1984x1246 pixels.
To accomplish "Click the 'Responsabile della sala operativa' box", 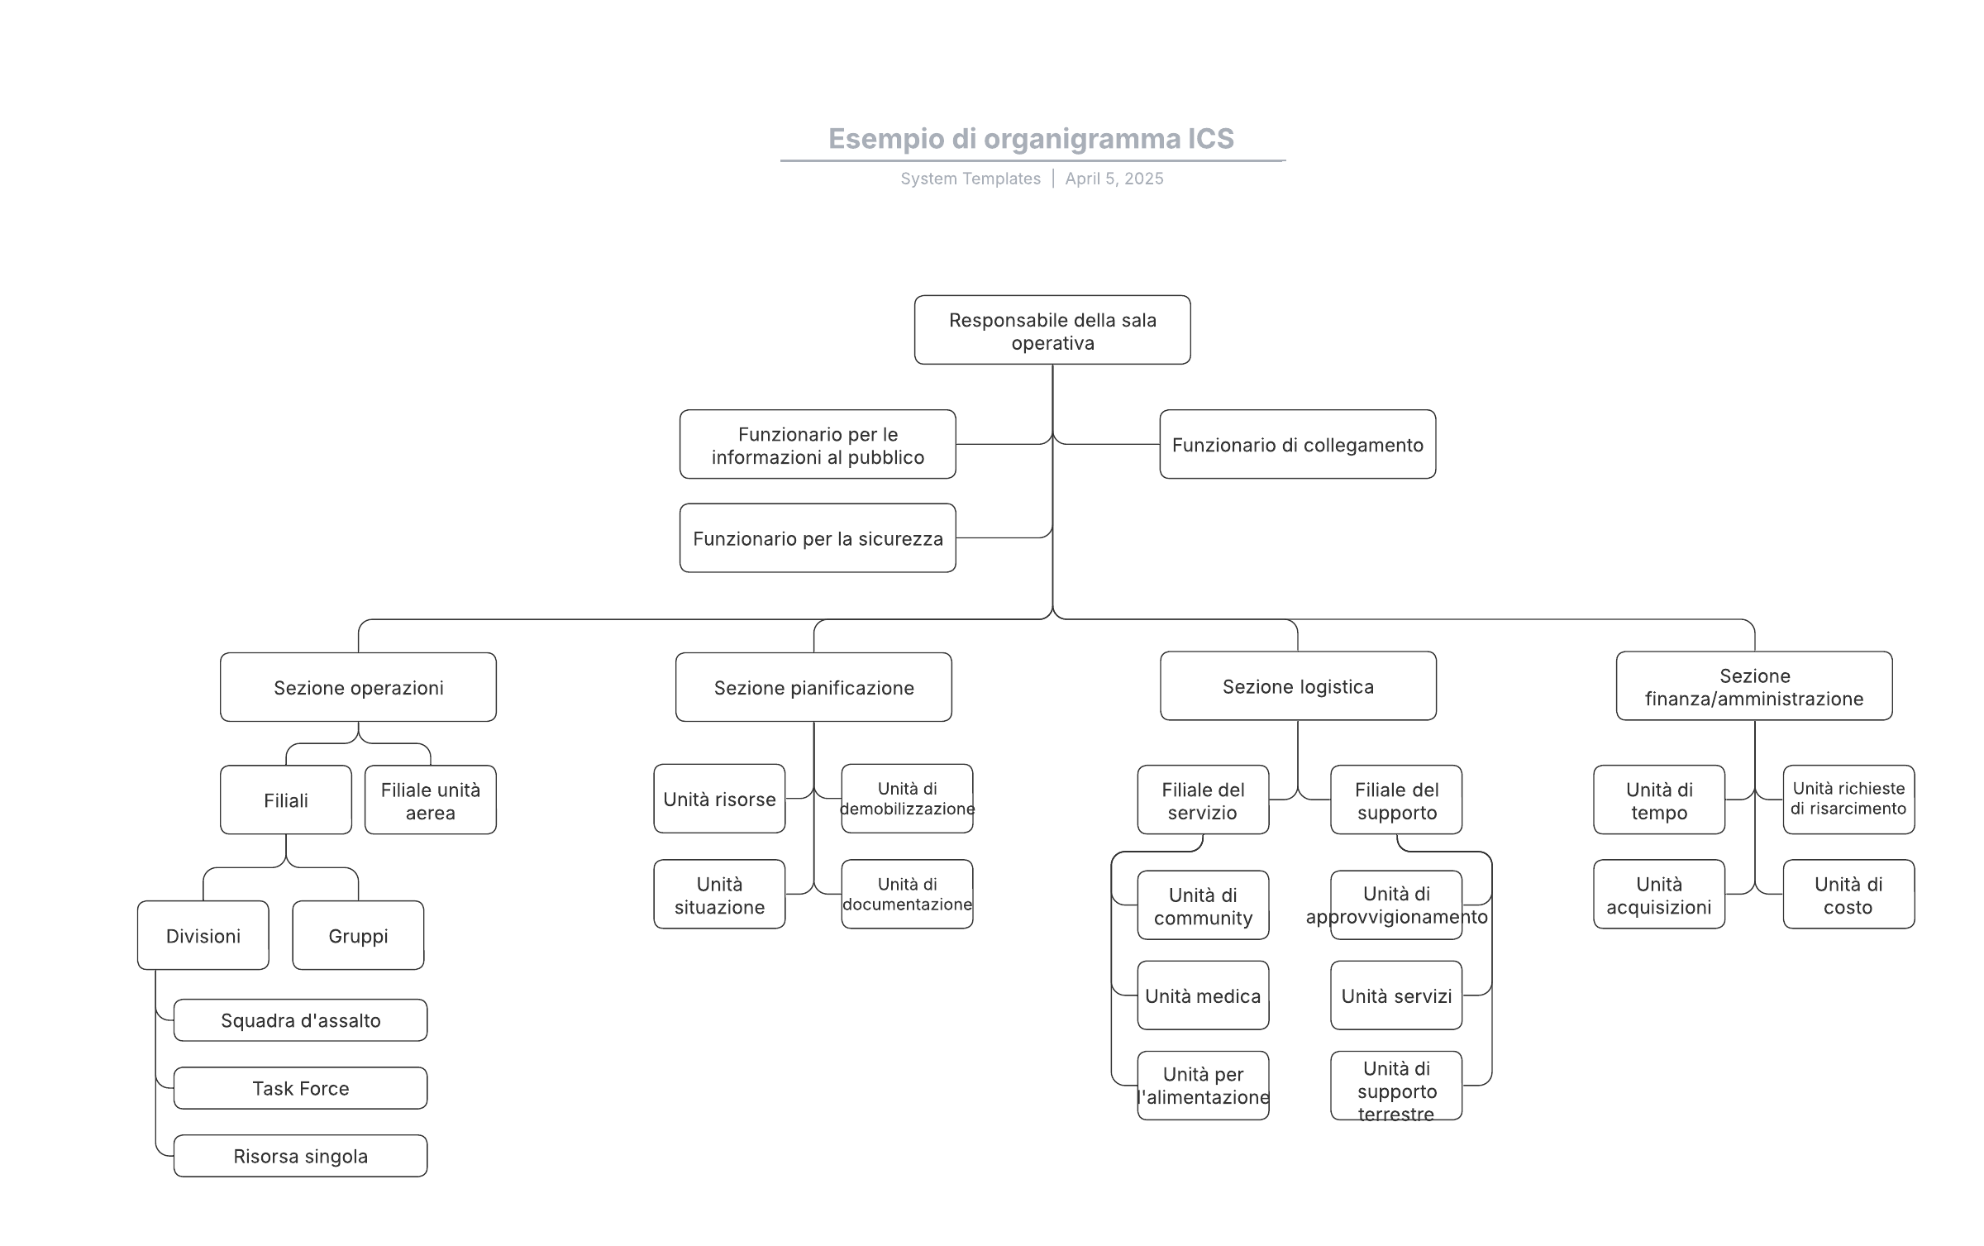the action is [x=1052, y=330].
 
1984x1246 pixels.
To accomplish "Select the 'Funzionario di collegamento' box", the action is [x=1298, y=444].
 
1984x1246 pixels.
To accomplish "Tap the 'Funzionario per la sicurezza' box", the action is [x=818, y=538].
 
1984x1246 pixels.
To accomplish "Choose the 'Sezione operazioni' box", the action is [x=358, y=687].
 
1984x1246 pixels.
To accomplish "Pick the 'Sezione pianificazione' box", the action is [x=813, y=687].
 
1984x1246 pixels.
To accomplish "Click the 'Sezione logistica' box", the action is [x=1298, y=686].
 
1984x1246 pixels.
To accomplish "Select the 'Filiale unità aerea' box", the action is [x=431, y=800].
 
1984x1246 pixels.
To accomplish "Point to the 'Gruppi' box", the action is [x=358, y=935].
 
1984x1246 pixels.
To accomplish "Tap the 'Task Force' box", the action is [x=300, y=1088].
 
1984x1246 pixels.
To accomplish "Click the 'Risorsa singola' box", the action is [x=300, y=1156].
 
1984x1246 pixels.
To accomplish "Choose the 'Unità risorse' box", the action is [x=719, y=799].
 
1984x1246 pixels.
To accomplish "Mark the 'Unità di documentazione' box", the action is [x=907, y=895].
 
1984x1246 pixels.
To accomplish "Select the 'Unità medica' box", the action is [x=1203, y=995].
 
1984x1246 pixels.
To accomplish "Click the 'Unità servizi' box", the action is [x=1396, y=995].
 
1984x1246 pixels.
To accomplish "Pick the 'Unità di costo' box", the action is [x=1848, y=895].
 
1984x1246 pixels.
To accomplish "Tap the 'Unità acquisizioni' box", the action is [x=1659, y=895].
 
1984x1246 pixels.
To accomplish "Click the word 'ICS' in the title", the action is [x=1211, y=139].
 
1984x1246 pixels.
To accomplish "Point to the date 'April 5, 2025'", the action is [x=1114, y=179].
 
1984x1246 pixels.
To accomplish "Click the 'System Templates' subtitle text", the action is [x=971, y=179].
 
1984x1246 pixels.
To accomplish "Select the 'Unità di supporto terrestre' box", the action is [x=1396, y=1086].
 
